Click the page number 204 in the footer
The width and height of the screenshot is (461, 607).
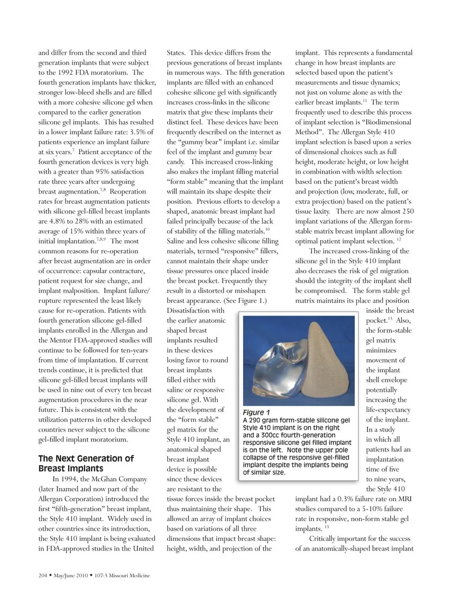(42, 575)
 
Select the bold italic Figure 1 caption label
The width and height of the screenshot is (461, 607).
(256, 412)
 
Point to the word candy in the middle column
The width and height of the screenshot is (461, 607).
(177, 162)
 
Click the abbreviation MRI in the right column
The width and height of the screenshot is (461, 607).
(403, 499)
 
